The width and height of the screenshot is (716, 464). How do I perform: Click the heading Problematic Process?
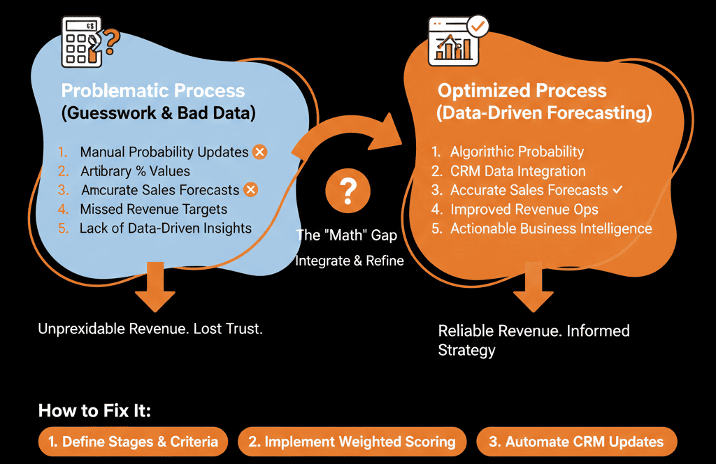[153, 91]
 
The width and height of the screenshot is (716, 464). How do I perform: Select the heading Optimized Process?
[522, 91]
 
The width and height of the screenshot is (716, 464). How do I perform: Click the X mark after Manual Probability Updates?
[259, 152]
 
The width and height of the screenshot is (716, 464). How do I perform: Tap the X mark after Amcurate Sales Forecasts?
[250, 189]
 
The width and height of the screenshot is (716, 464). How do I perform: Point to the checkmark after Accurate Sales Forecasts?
[617, 189]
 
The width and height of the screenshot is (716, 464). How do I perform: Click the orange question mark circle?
[348, 191]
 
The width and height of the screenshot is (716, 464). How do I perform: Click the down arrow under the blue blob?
[155, 289]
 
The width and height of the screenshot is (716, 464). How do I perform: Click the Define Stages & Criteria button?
[133, 442]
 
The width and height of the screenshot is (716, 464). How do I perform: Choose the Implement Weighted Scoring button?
[352, 442]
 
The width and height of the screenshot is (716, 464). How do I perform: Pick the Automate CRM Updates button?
[577, 442]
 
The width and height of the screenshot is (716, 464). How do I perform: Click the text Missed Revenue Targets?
[153, 209]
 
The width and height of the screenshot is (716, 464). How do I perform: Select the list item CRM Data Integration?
[517, 171]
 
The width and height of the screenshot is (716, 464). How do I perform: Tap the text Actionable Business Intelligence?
[551, 229]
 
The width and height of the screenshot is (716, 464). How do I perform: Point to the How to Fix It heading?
[94, 410]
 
